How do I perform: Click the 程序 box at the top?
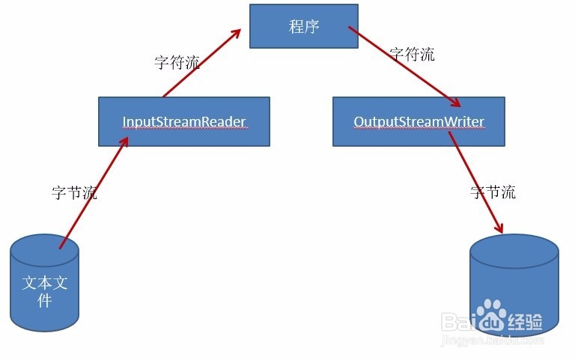click(x=304, y=26)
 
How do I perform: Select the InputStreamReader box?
click(x=184, y=121)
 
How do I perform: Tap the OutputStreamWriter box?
click(x=419, y=121)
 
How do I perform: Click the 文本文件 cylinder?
click(x=44, y=283)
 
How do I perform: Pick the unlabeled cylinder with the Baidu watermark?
click(x=514, y=285)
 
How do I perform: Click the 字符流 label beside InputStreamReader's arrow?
click(x=177, y=62)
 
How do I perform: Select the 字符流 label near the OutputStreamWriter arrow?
click(x=413, y=54)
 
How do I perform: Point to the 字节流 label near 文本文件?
click(x=74, y=192)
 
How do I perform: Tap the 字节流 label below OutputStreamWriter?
click(x=493, y=192)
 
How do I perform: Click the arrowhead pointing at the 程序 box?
click(x=234, y=34)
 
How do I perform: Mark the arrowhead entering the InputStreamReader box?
click(x=124, y=142)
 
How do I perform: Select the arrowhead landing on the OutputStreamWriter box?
click(x=454, y=103)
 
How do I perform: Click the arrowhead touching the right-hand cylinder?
click(x=499, y=228)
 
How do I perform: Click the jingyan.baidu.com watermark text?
click(x=493, y=341)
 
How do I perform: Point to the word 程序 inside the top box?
click(x=304, y=26)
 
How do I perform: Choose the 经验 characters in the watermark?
click(x=525, y=322)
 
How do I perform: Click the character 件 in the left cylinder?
click(x=44, y=300)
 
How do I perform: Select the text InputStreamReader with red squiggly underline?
click(x=184, y=122)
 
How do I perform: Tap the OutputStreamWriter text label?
click(x=419, y=122)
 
